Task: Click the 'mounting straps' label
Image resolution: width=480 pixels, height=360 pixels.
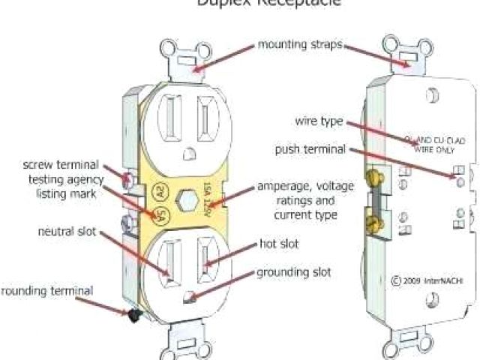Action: click(x=300, y=45)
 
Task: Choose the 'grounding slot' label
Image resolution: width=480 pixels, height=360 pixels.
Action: click(x=294, y=271)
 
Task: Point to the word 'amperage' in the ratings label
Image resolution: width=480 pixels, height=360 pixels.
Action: click(x=280, y=185)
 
